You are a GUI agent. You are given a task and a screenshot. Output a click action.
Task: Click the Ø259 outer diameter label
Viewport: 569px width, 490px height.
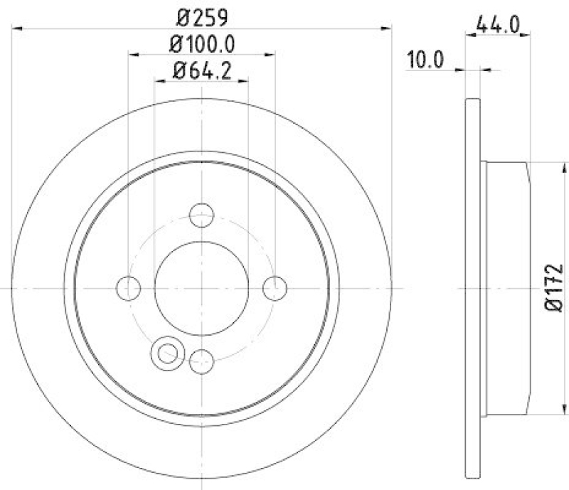coord(202,15)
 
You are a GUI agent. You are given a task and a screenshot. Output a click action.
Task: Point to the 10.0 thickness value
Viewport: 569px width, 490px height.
coord(425,59)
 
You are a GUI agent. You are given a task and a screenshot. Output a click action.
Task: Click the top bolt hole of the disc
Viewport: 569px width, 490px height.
coord(202,214)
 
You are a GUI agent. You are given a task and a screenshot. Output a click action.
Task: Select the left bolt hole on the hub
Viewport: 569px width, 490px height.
coord(128,288)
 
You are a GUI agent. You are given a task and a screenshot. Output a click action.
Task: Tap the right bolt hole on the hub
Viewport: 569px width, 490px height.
coord(275,288)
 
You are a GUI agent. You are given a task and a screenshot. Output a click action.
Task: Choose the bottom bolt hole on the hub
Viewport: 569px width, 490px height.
coord(202,361)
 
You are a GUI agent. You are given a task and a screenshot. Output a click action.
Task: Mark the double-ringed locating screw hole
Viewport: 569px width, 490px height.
coord(167,351)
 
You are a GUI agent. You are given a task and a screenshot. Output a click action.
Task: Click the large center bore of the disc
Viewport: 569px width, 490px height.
coord(202,288)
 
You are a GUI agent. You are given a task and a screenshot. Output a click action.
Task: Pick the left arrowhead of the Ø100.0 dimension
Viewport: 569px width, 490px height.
coord(133,54)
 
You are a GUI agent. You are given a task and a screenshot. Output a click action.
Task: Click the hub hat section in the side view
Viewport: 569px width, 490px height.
coord(506,288)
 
